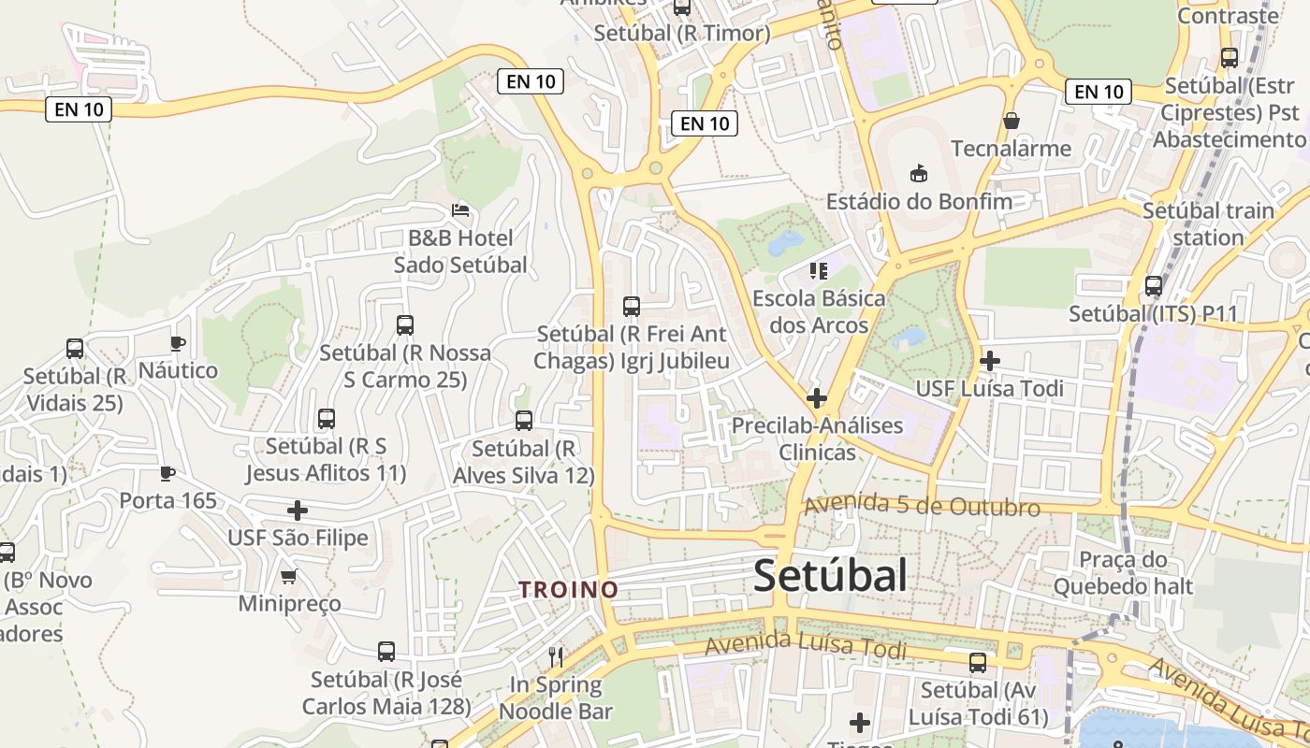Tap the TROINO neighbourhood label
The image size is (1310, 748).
pyautogui.click(x=569, y=590)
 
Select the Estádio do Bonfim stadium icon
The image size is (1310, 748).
pyautogui.click(x=918, y=173)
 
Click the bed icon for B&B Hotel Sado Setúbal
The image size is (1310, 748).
pyautogui.click(x=459, y=209)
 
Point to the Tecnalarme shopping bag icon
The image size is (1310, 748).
pyautogui.click(x=1011, y=121)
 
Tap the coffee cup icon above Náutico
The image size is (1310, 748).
pyautogui.click(x=178, y=343)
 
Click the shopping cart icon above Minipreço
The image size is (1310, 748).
pyautogui.click(x=289, y=576)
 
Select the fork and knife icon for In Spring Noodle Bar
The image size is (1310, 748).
pyautogui.click(x=556, y=656)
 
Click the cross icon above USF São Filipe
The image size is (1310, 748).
pyautogui.click(x=298, y=511)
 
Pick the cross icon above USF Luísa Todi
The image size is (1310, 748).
pyautogui.click(x=990, y=360)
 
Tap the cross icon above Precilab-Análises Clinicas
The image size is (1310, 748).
pyautogui.click(x=817, y=398)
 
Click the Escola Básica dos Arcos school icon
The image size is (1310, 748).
pyautogui.click(x=819, y=271)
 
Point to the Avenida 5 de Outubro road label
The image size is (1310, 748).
pyautogui.click(x=922, y=505)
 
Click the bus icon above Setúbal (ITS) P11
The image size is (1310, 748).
pyautogui.click(x=1154, y=286)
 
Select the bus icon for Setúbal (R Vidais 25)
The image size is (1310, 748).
pyautogui.click(x=75, y=349)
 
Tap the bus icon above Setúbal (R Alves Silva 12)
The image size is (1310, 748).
pyautogui.click(x=524, y=421)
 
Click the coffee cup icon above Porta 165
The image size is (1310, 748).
pyautogui.click(x=167, y=473)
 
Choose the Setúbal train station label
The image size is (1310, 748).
pyautogui.click(x=1208, y=223)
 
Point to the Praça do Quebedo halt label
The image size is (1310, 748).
pyautogui.click(x=1123, y=573)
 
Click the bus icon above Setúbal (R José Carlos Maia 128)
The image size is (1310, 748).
pyautogui.click(x=386, y=652)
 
